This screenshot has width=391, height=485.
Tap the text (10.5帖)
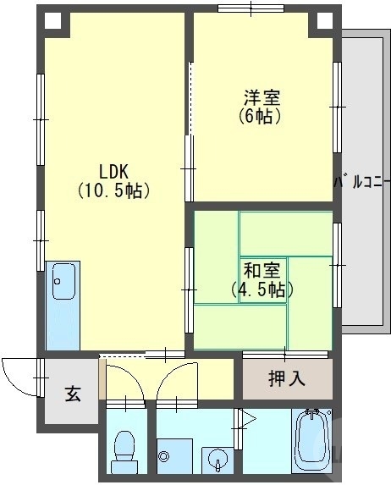pyautogui.click(x=113, y=190)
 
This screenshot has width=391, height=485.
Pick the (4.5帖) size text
pyautogui.click(x=263, y=290)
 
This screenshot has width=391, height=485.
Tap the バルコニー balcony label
pyautogui.click(x=361, y=179)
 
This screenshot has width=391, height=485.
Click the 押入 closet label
pyautogui.click(x=287, y=378)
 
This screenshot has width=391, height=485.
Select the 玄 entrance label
pyautogui.click(x=73, y=394)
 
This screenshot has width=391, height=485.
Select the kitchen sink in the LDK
pyautogui.click(x=63, y=281)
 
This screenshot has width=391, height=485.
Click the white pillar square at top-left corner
pyautogui.click(x=52, y=21)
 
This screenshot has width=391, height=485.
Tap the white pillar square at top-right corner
pyautogui.click(x=325, y=20)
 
